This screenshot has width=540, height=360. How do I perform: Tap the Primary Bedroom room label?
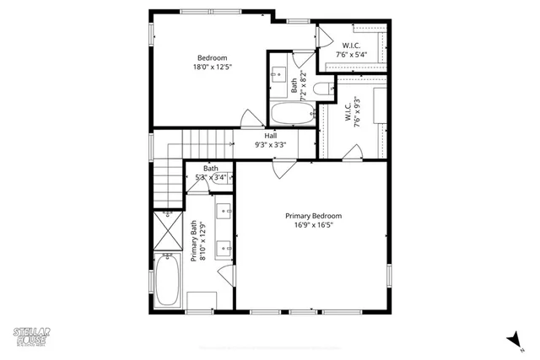[x=313, y=220]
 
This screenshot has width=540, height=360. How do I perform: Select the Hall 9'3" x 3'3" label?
[x=271, y=140]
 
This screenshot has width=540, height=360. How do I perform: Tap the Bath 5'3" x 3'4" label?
[x=210, y=173]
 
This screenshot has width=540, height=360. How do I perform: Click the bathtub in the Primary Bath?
[x=167, y=282]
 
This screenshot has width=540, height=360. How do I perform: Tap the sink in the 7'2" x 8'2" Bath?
[x=278, y=75]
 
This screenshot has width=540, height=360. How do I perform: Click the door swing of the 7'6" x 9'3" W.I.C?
[x=354, y=153]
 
